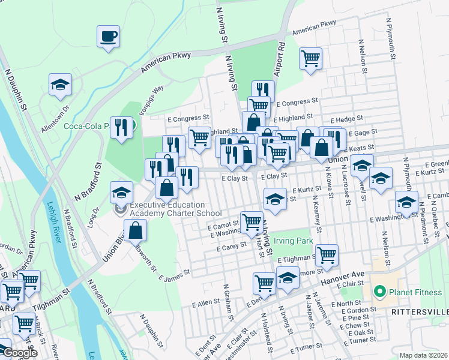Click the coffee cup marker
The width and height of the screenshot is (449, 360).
coord(108,36)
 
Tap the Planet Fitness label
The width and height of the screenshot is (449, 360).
coord(408,293)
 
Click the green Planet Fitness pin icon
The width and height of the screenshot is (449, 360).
coord(379,293)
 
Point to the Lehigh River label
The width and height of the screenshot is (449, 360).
coord(53,222)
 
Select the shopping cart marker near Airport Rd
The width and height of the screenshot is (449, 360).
coord(310,59)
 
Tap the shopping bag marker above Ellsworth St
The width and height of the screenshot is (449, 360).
coord(136,230)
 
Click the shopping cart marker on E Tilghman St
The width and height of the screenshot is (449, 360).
coord(327,255)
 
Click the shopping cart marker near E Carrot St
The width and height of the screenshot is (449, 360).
coord(252,222)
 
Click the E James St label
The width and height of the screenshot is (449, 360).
coord(175,275)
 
